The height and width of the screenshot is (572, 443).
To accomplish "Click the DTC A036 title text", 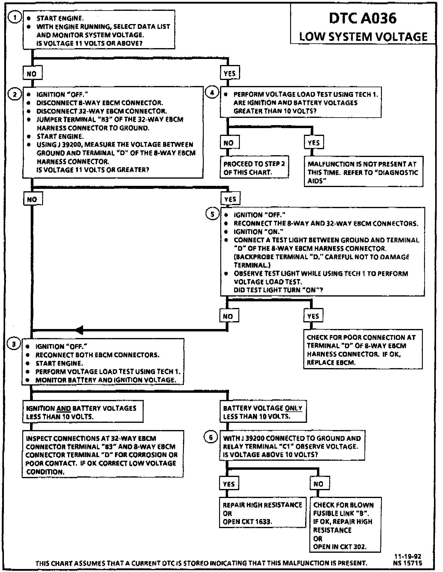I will pos(363,19).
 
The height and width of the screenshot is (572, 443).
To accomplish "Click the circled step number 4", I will pos(212,93).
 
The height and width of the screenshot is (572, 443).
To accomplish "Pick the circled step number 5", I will pos(212,214).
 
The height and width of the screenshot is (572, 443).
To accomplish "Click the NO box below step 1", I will pos(32,73).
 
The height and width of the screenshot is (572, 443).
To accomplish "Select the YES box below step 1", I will pos(230,73).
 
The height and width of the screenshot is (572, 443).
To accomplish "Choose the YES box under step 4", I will pos(314,143).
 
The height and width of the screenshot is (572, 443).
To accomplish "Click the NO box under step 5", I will pos(228,316).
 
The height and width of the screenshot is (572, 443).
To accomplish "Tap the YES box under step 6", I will pos(229,484).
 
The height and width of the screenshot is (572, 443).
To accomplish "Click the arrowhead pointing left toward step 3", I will pos(79,330).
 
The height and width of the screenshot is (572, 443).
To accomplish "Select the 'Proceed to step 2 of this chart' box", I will pos(254,168).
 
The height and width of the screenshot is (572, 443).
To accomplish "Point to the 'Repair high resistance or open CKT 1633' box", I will pos(262,513).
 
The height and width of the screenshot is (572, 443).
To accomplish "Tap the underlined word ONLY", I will pos(293,408).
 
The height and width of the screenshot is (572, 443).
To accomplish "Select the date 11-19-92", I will pos(411,557).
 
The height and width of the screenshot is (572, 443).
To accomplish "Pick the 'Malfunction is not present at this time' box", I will pos(363,172).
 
